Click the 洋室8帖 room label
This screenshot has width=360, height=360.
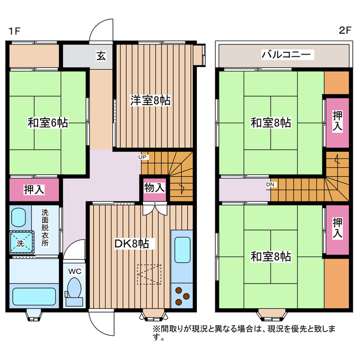[x=151, y=100]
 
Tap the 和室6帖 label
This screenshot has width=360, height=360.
[x=48, y=122]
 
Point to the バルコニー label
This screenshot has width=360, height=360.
[x=287, y=55]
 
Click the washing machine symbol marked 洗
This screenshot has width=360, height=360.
[x=20, y=243]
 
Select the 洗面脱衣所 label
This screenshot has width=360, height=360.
[x=44, y=231]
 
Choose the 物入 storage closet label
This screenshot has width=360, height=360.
[x=154, y=187]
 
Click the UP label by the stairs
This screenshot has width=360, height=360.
[x=143, y=157]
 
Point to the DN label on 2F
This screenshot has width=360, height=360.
[x=271, y=183]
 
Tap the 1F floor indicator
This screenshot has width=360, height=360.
[x=15, y=30]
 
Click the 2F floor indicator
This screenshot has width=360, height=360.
[x=344, y=30]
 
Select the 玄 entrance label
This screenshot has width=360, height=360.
[x=101, y=56]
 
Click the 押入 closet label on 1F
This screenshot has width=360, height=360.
[x=34, y=190]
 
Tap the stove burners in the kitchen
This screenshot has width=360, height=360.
[x=181, y=296]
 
